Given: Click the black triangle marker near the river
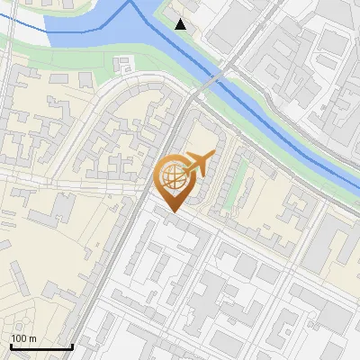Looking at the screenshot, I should click(x=181, y=23).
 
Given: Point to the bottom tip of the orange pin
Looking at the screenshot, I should click(x=173, y=212).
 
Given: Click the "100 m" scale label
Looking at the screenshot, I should click(x=23, y=338).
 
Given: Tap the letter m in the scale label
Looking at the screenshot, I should click(x=32, y=338).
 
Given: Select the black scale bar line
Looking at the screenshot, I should click(x=41, y=347).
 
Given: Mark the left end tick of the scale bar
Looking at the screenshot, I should click(x=11, y=346).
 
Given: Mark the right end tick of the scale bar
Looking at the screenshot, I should click(x=72, y=346).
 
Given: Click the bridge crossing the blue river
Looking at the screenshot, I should click(x=209, y=82).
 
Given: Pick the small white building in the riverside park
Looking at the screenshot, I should click(x=125, y=64).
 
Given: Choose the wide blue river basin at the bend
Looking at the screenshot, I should click(x=108, y=22).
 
